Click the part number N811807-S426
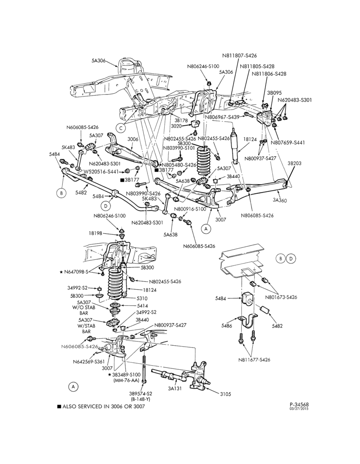coord(239,55)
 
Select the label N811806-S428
coord(269,74)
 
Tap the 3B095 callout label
coord(274,92)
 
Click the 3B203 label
coord(294,163)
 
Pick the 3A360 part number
coord(280,200)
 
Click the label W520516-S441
coord(101,171)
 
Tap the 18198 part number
coord(95,233)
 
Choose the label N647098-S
coord(76,271)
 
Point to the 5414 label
coord(142,306)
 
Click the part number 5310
coord(142,298)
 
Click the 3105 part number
coord(225,394)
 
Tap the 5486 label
coord(226,326)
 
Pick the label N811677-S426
coord(254,360)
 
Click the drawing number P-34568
coord(297,404)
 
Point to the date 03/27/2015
coord(297,408)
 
